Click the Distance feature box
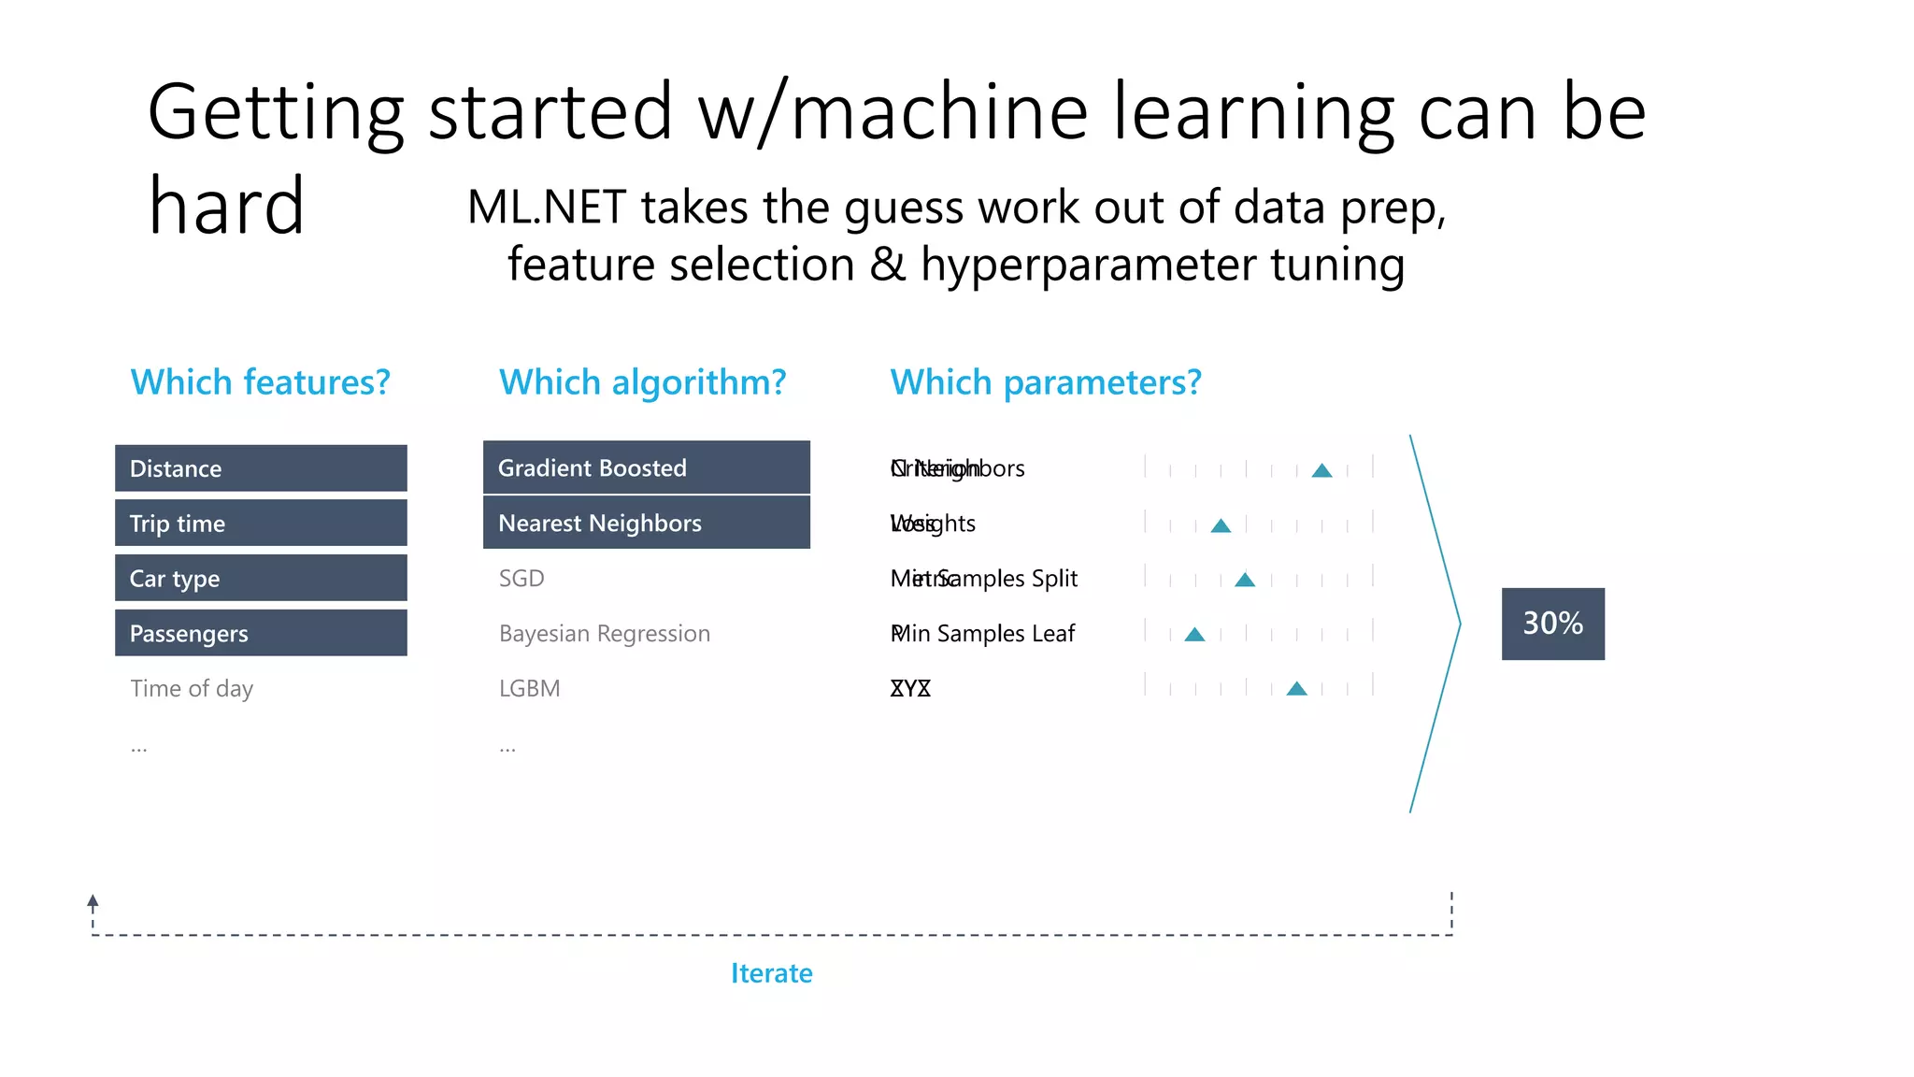click(x=261, y=468)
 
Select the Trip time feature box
click(x=261, y=524)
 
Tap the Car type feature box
click(x=261, y=578)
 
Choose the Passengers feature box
click(x=261, y=633)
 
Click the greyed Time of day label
click(x=192, y=689)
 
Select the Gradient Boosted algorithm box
click(x=646, y=467)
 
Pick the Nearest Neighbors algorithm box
click(x=646, y=523)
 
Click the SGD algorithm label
click(x=521, y=579)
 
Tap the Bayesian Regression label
click(x=605, y=634)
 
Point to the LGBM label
click(x=529, y=689)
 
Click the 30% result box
click(x=1552, y=624)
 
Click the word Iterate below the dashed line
click(x=771, y=973)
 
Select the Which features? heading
click(x=260, y=382)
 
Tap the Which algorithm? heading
click(x=642, y=382)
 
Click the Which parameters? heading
click(x=1045, y=382)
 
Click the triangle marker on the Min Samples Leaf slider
click(x=1194, y=635)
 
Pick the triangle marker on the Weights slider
click(x=1221, y=525)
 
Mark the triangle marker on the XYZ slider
click(x=1296, y=689)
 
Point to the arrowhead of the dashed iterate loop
click(x=93, y=901)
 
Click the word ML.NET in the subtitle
click(x=546, y=207)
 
